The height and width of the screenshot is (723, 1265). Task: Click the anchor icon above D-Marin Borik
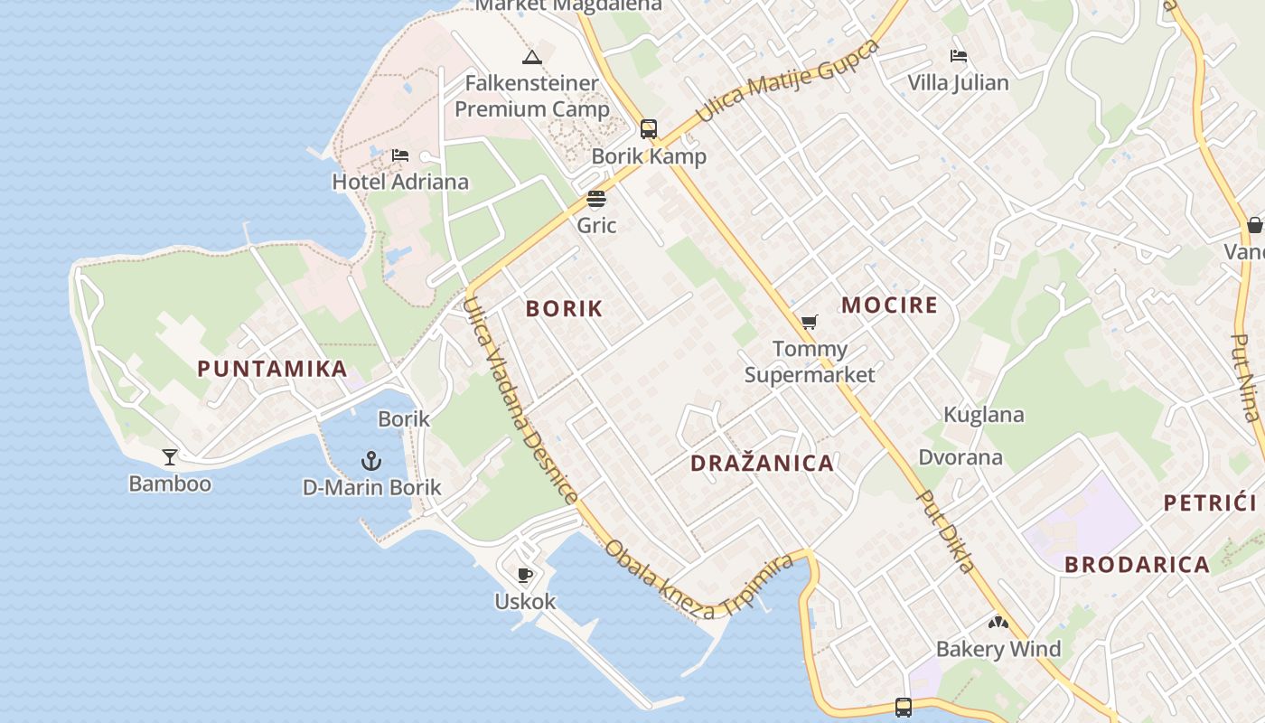coord(370,462)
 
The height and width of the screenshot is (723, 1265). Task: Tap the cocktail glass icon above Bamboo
coord(170,456)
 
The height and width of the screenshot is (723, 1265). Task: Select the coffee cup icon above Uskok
coord(524,575)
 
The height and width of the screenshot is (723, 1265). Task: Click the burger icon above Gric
coord(596,199)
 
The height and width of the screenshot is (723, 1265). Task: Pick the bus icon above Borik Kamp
coord(649,128)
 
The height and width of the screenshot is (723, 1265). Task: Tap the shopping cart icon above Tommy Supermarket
coord(810,322)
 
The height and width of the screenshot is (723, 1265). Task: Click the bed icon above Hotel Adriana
coord(400,155)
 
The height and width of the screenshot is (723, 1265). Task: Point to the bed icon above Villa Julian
coord(959,56)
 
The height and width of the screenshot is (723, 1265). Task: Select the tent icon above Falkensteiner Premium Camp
coord(532,58)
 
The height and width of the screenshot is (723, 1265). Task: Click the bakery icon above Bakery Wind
coord(998,623)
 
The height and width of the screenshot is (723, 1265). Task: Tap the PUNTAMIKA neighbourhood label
coord(272,369)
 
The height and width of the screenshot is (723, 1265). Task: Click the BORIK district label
coord(564,308)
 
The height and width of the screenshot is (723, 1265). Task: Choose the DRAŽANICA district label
coord(762,464)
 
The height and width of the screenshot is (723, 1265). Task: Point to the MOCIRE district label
coord(889,305)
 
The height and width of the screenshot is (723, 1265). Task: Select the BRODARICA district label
coord(1137,565)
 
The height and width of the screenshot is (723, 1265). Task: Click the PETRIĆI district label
coord(1210,502)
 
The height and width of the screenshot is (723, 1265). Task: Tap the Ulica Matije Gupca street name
coord(787,81)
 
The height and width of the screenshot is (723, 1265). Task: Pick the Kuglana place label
coord(983,415)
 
